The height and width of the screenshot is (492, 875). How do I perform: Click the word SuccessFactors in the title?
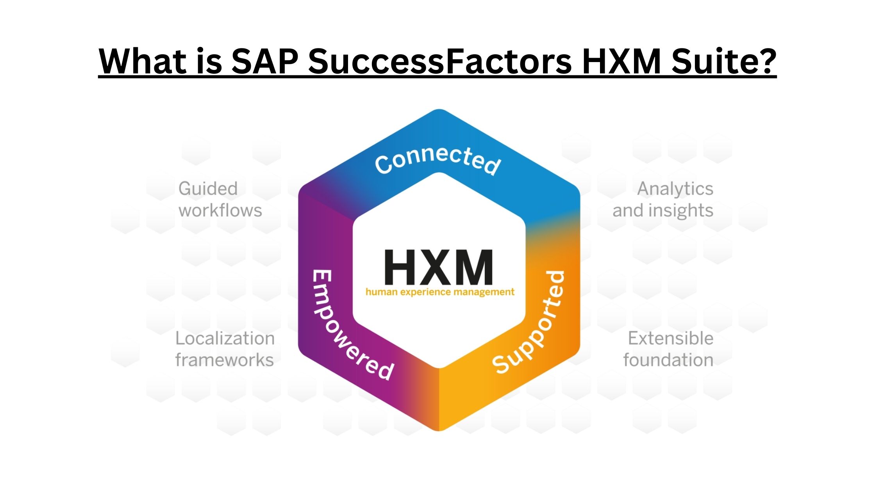click(x=440, y=61)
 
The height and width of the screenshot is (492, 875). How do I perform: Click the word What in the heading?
click(x=143, y=61)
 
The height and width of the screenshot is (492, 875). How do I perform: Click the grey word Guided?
click(x=208, y=189)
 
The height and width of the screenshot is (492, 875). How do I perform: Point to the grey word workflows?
click(x=220, y=211)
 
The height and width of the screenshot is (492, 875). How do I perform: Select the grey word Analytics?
click(x=675, y=189)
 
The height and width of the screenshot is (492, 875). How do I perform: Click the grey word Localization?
click(x=225, y=338)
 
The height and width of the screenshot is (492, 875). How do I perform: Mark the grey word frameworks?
click(x=224, y=360)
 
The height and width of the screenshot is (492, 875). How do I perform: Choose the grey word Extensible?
click(x=670, y=338)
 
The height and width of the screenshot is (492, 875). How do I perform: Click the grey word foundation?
click(x=668, y=360)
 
